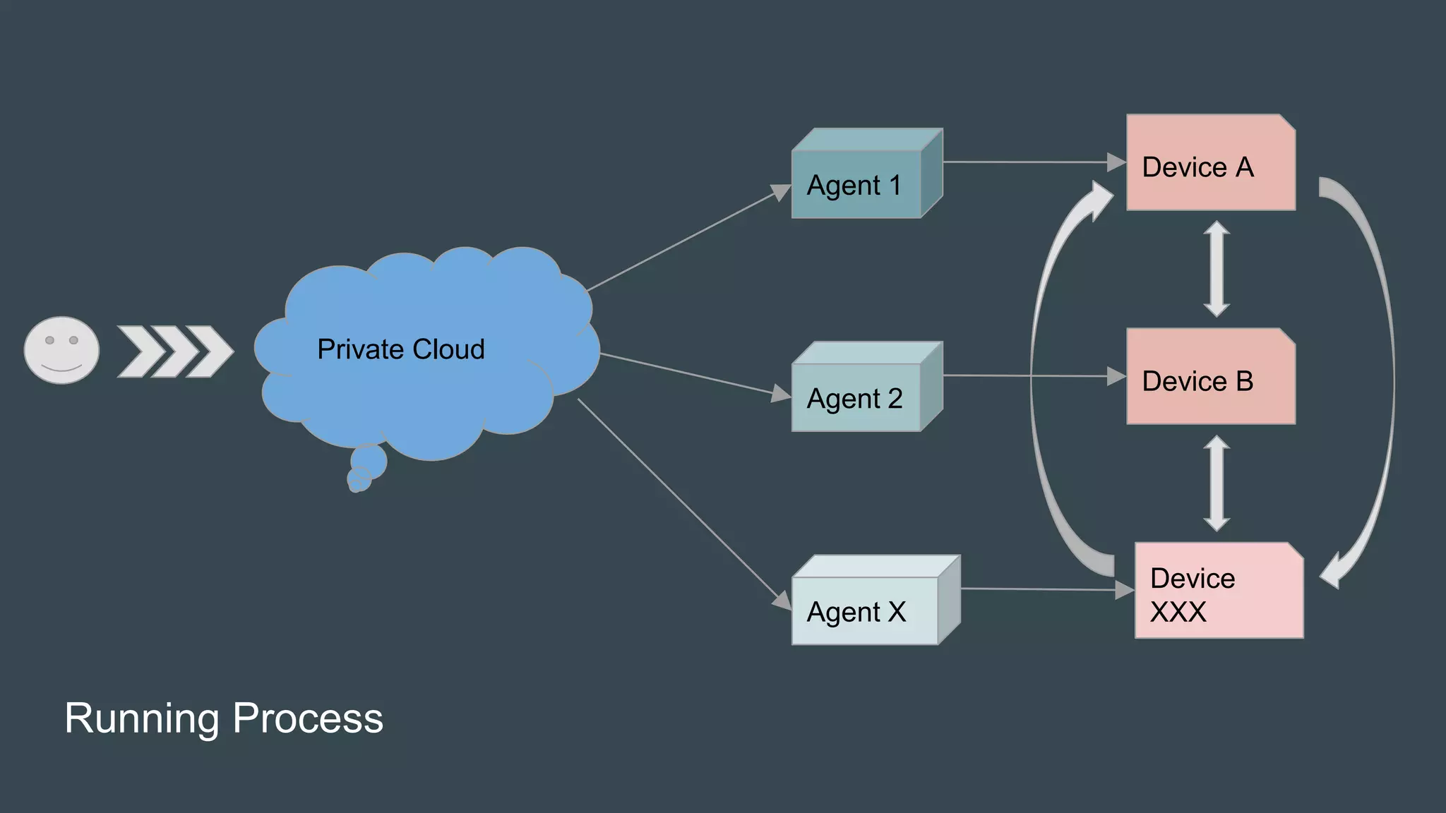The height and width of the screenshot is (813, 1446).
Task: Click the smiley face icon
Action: [x=61, y=350]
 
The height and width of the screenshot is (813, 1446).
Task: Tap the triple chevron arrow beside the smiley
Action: [x=174, y=351]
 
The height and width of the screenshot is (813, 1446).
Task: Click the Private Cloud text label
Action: [x=400, y=349]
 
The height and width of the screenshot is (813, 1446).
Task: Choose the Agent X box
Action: [x=865, y=610]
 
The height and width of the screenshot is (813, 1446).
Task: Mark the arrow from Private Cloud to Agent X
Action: [x=681, y=502]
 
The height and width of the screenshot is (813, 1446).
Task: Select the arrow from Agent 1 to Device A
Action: [x=1031, y=162]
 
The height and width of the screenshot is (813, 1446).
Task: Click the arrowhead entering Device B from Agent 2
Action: [x=1116, y=376]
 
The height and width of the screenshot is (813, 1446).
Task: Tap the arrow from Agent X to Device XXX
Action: [x=1045, y=589]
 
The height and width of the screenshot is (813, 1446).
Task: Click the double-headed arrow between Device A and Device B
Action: [x=1217, y=269]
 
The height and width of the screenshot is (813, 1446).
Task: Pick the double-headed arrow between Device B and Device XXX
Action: [x=1217, y=483]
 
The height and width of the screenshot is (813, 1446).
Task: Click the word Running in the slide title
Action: [x=142, y=718]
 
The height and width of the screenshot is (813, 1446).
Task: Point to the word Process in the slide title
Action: [x=308, y=718]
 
